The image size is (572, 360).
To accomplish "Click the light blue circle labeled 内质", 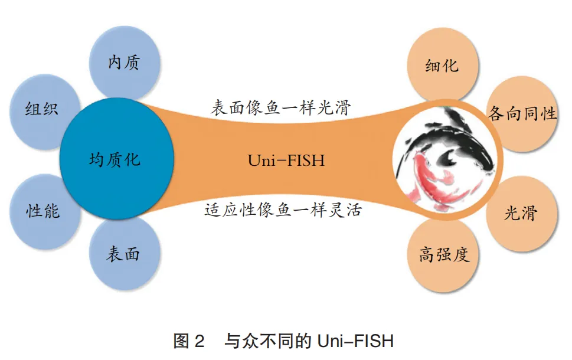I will (x=124, y=62).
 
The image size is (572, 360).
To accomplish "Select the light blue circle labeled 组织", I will (x=43, y=109).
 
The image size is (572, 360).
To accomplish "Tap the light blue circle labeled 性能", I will (x=43, y=210).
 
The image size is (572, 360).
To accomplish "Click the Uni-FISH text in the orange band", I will (x=286, y=160).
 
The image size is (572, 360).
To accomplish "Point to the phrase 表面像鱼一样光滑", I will (x=281, y=108).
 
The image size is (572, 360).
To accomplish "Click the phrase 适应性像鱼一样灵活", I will (x=283, y=210).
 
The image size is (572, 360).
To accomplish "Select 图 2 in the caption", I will (x=188, y=341).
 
